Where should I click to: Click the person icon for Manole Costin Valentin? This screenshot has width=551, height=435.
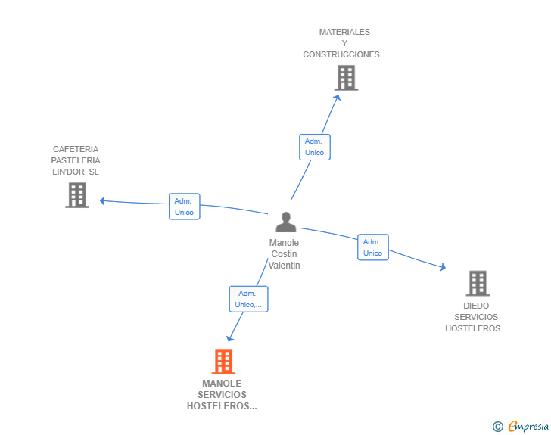285,222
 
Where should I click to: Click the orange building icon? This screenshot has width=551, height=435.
223,362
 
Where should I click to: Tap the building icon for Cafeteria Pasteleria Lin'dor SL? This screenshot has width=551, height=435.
76,195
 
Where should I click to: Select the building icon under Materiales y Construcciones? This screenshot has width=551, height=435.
346,78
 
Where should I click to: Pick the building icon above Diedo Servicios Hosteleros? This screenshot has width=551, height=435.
477,283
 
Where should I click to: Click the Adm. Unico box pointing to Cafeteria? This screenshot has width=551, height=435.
184,207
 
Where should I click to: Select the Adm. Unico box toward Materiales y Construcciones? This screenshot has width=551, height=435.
314,147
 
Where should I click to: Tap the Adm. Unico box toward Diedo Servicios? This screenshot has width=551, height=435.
372,247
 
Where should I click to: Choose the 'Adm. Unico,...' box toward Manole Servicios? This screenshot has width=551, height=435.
248,299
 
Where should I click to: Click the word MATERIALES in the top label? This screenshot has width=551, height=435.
344,33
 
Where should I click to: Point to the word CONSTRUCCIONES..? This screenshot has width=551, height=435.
344,54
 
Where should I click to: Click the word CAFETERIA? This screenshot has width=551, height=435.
76,149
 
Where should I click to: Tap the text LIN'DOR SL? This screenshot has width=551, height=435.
76,172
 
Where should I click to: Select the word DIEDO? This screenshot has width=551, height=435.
476,306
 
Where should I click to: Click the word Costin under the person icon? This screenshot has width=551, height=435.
285,254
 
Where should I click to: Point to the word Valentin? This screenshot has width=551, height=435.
285,266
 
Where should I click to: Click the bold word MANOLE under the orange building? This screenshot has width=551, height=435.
222,384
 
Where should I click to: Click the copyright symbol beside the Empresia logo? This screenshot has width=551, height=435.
498,427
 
